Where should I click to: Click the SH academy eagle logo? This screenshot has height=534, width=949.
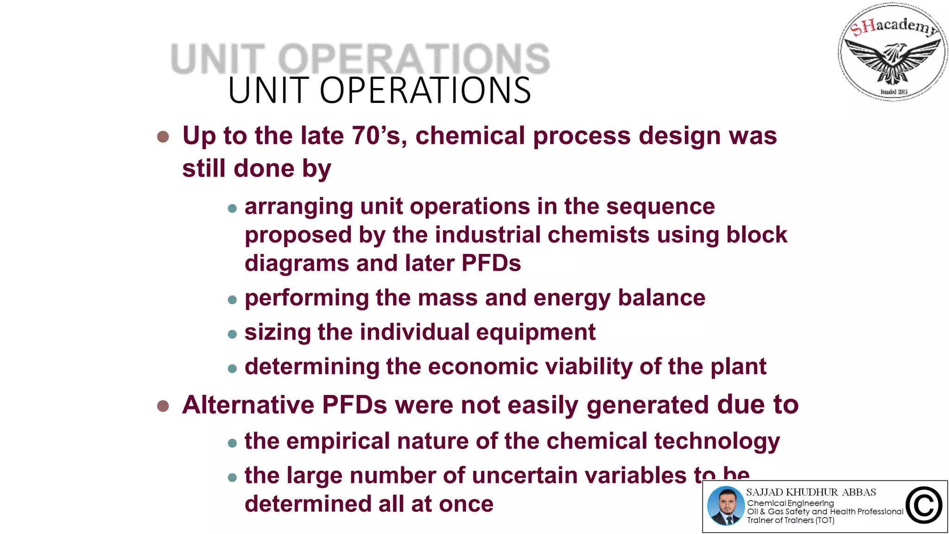pos(892,52)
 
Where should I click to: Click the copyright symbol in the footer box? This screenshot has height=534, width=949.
pos(924,506)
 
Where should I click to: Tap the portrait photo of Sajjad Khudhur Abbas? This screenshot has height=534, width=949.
pos(726,506)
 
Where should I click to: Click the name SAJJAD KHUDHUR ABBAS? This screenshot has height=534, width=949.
pos(811,492)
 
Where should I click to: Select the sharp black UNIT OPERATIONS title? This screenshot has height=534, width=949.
pos(380,90)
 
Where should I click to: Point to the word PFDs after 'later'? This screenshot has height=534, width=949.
pos(491,263)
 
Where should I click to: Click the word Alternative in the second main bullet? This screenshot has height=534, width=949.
pos(248,405)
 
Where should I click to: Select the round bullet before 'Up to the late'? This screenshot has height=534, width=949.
pos(163,137)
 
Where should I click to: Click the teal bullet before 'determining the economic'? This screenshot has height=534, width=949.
pos(233,369)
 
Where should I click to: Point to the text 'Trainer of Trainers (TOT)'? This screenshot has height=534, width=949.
pos(791,520)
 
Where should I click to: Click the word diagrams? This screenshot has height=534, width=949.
pos(297,264)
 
